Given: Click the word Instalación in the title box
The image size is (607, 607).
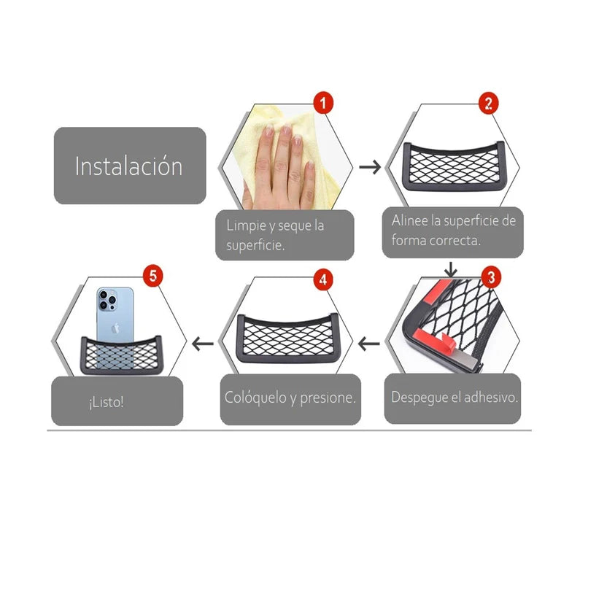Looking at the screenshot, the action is (x=128, y=166).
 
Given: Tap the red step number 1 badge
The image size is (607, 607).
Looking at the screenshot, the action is (x=323, y=103).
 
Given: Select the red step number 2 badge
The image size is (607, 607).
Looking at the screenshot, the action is (x=489, y=104).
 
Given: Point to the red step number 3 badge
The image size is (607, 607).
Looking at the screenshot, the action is (x=491, y=277).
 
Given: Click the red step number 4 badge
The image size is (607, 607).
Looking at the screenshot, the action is (x=323, y=280).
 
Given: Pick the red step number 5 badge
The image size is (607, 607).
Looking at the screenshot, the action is (x=153, y=276).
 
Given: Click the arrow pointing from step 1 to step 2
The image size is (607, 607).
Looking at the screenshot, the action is (x=370, y=167).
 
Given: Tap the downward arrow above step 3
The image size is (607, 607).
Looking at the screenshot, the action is (x=450, y=269).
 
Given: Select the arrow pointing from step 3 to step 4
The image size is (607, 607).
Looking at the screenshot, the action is (x=369, y=344).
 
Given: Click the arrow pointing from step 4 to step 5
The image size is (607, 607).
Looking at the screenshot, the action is (x=203, y=344).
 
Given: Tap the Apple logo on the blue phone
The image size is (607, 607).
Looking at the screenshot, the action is (x=115, y=328).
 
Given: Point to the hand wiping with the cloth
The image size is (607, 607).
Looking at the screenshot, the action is (x=278, y=166).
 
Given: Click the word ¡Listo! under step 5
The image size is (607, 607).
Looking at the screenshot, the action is (x=106, y=402).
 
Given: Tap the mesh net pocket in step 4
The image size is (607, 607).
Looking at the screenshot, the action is (x=287, y=338).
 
